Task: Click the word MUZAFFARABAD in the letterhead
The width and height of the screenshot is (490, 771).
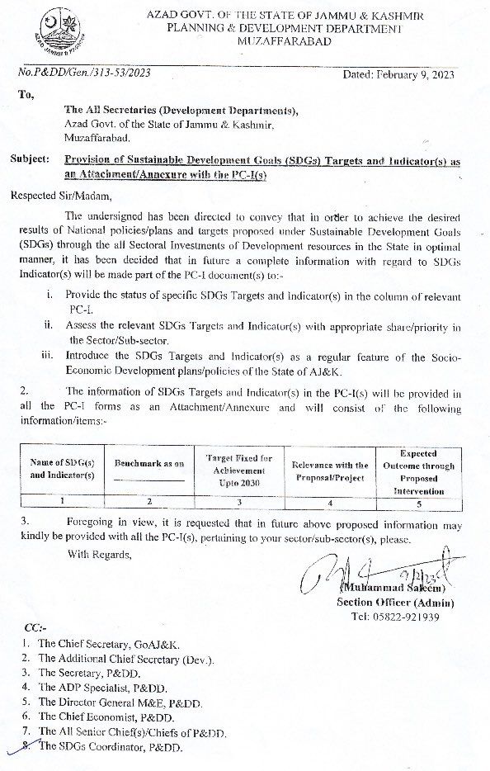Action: coord(282,41)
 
